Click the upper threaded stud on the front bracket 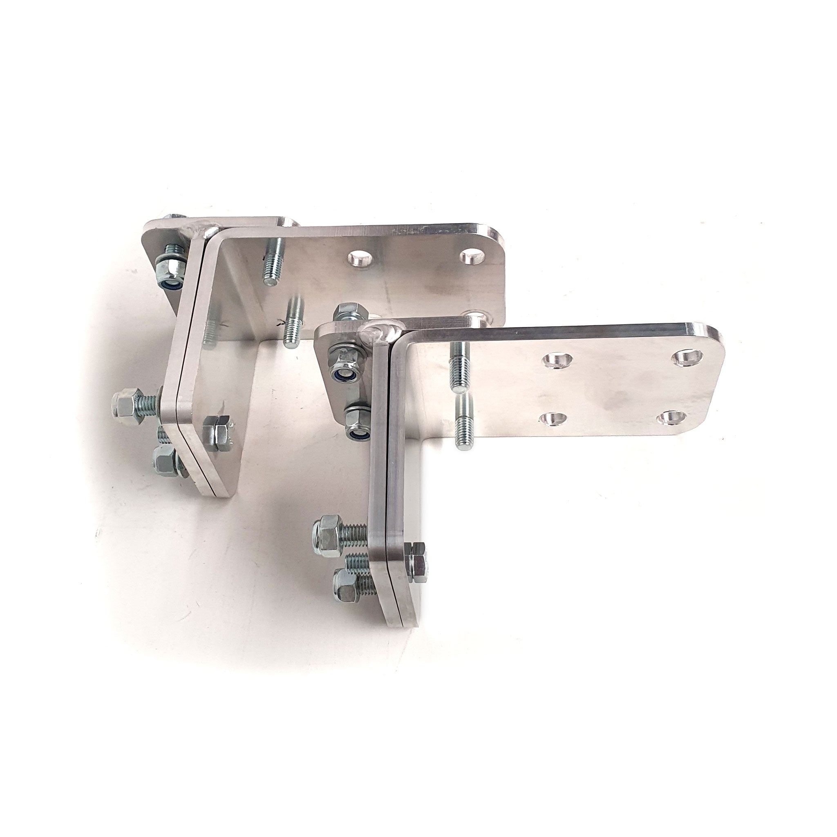(460, 360)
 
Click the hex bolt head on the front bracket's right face (418, 563)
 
